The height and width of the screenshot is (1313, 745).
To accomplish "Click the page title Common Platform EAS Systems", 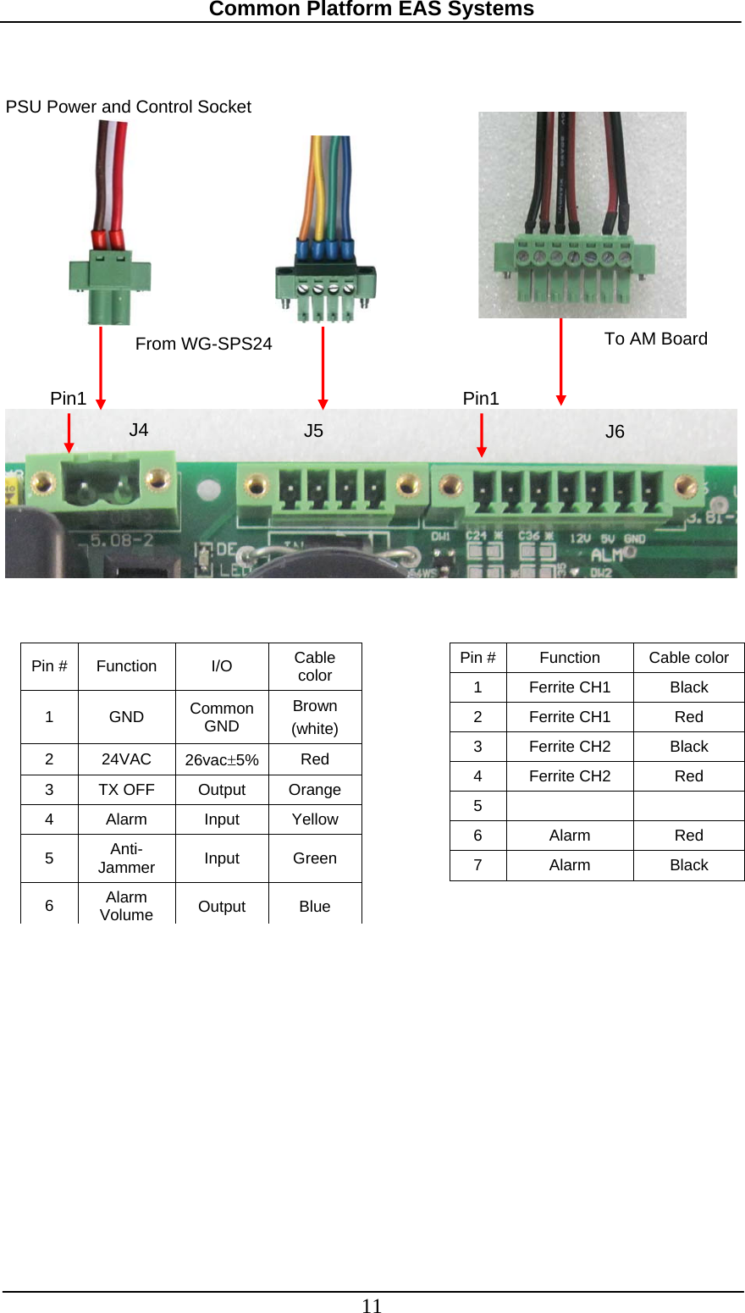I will [x=371, y=9].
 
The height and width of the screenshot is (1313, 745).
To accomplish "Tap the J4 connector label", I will [x=139, y=430].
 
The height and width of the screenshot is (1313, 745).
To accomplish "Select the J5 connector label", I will [x=313, y=431].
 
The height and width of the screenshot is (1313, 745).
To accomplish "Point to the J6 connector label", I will [x=615, y=432].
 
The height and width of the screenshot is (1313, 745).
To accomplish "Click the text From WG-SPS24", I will [x=203, y=344].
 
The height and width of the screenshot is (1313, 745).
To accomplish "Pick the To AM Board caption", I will [x=655, y=339].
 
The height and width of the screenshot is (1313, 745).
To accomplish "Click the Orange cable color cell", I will [x=314, y=790].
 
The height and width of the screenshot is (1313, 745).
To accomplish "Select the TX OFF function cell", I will [x=126, y=790].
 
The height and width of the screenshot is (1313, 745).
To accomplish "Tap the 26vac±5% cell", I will [x=222, y=759].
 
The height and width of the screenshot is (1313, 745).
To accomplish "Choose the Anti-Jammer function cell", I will [x=126, y=858].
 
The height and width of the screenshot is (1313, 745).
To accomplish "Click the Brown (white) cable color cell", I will [x=314, y=717].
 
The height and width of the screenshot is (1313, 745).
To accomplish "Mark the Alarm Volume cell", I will [x=126, y=906].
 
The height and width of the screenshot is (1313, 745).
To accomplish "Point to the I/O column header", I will [x=222, y=666].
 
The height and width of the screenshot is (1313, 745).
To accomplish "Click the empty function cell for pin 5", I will [x=570, y=806].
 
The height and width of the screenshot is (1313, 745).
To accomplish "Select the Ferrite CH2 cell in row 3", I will [x=570, y=747].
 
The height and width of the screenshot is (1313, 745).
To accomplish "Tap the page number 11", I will [x=372, y=1306].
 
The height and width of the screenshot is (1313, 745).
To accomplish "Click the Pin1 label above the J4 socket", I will [x=69, y=399].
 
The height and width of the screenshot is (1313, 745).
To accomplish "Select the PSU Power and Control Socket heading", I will [x=129, y=107].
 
